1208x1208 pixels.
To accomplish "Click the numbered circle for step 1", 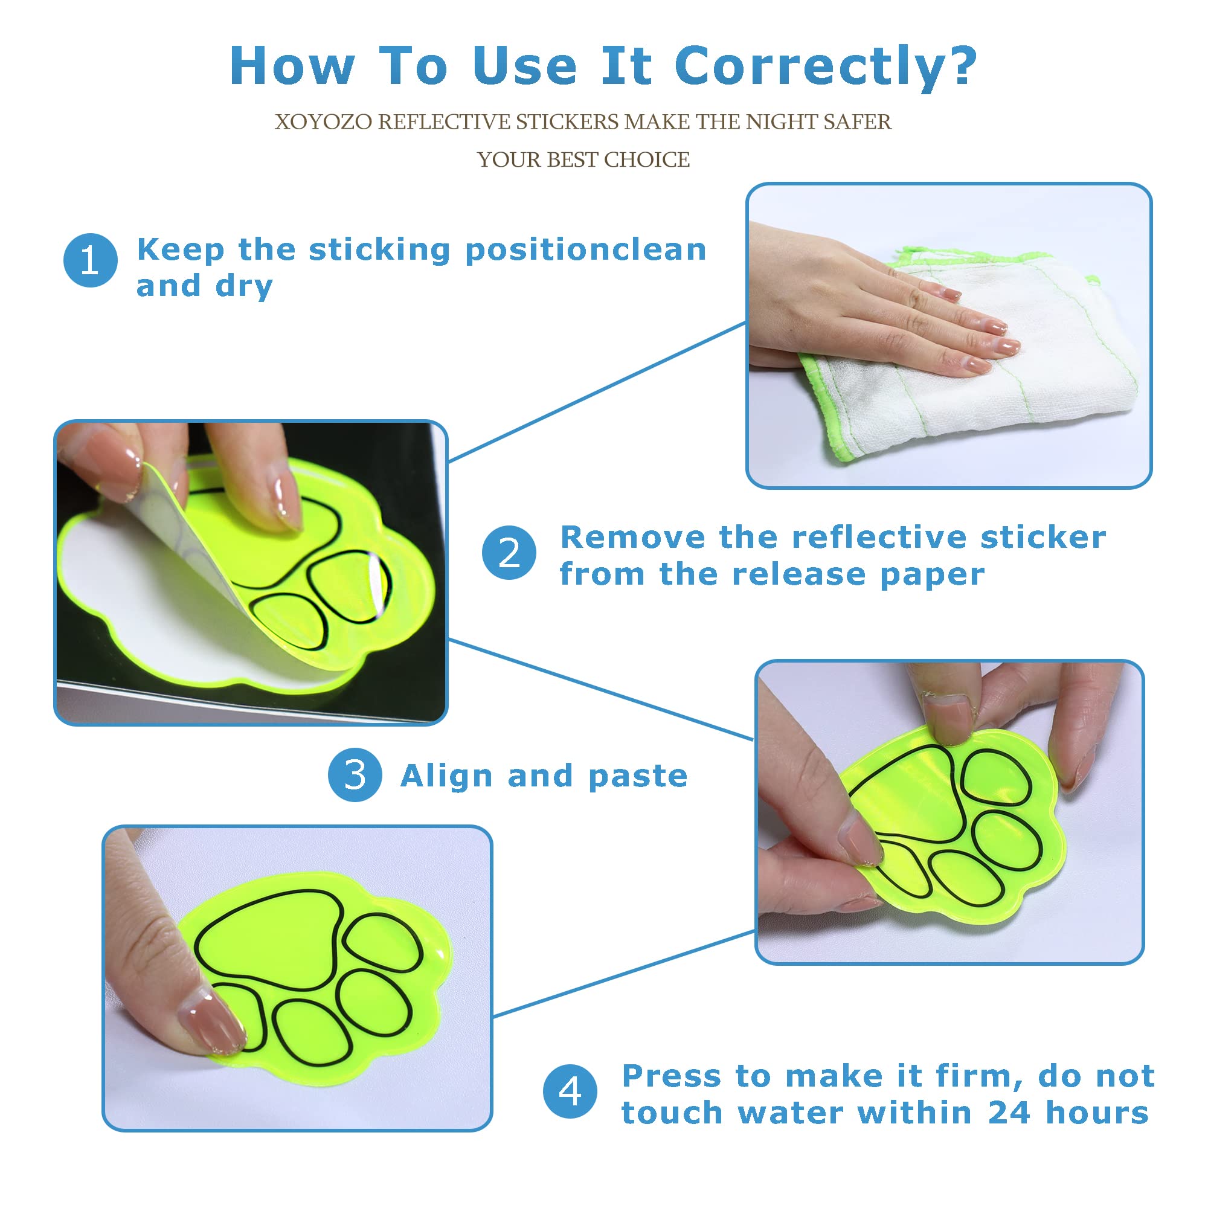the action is coord(91,260).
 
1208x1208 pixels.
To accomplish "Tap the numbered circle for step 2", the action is coord(509,553).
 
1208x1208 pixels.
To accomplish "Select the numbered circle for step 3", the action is coord(355,776).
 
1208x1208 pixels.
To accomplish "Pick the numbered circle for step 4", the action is coord(570,1091).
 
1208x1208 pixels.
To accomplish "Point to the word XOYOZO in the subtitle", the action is coord(323,122).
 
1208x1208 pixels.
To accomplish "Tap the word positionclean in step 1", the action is coord(586,251).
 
